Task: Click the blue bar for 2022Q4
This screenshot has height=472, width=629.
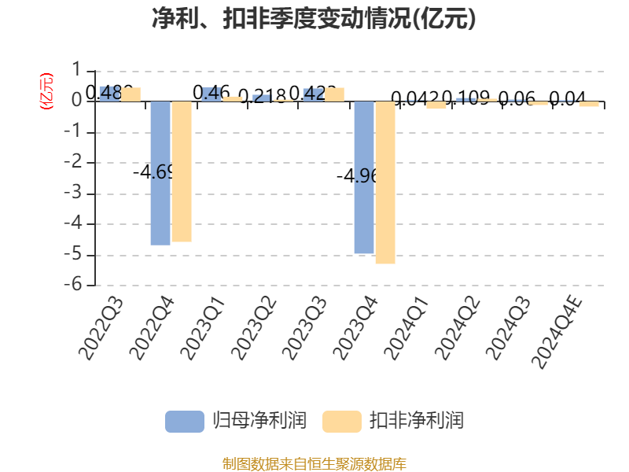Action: point(160,173)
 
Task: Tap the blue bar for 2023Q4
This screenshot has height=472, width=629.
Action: point(364,177)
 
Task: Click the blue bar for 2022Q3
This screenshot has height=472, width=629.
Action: point(109,94)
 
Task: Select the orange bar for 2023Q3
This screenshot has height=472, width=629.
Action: point(334,94)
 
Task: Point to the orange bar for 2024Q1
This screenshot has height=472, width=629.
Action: point(436,105)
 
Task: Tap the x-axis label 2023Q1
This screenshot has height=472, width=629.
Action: point(202,329)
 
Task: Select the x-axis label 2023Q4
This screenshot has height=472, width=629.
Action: point(355,329)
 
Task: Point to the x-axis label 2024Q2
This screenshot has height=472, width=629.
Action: point(457,329)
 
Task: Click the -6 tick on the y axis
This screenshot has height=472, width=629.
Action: point(77,286)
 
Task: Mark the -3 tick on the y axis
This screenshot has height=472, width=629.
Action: point(77,194)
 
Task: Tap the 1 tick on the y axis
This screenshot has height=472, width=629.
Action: point(77,71)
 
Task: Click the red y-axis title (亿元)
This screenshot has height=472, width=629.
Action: point(46,90)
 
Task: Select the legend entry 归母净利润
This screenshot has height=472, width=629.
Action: point(236,421)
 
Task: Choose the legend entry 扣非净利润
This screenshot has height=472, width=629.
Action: point(393,421)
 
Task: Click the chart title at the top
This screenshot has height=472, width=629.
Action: point(314,19)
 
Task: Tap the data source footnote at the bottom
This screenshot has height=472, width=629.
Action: point(314,463)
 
